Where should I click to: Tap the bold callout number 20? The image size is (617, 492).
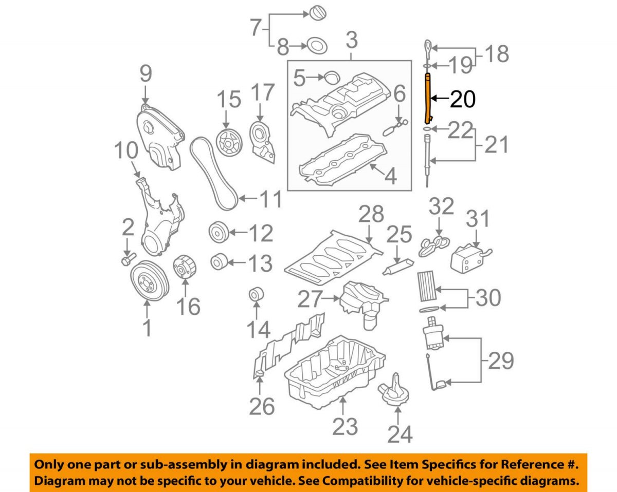point(463,99)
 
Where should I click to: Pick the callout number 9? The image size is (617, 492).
point(146,75)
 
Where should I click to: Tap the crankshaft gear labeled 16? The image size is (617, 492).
point(184,268)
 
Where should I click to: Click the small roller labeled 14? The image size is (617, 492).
point(257,295)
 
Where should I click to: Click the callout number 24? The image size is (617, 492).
point(400,434)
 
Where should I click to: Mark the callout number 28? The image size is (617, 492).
point(371,214)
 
